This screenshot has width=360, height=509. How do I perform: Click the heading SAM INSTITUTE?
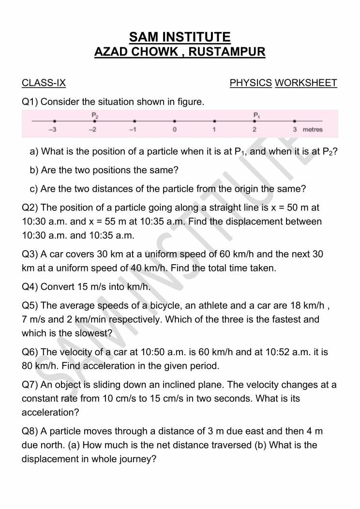180,37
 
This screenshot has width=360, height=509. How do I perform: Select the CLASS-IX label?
44,83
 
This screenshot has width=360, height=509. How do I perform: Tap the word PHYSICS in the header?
251,83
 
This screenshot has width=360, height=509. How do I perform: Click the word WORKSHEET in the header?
306,83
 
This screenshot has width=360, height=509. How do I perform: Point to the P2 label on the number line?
95,115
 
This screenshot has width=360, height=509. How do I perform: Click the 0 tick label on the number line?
175,130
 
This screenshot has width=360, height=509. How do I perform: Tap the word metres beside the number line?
313,130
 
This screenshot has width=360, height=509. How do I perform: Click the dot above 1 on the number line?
214,121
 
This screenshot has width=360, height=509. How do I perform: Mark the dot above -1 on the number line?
135,121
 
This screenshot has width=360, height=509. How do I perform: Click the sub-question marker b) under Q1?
34,170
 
